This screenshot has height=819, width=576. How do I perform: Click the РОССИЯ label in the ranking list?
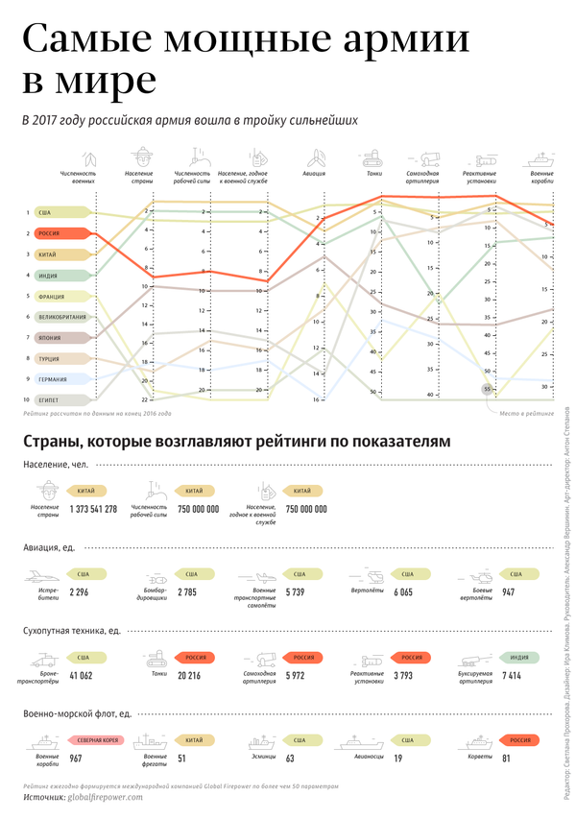(49, 233)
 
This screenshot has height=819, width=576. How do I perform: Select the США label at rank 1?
(45, 212)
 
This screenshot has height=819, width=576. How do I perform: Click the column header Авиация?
(315, 174)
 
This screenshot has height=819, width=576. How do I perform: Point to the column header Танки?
(373, 174)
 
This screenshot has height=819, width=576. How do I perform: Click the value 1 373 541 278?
(94, 509)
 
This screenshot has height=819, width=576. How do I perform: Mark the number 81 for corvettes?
(507, 759)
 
